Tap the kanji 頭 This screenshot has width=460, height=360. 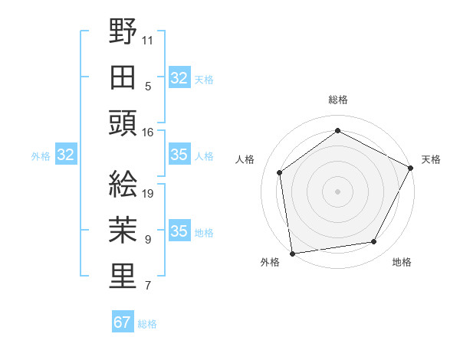pyautogui.click(x=123, y=123)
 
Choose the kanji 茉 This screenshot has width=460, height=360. pyautogui.click(x=123, y=231)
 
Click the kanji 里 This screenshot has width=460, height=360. pyautogui.click(x=123, y=277)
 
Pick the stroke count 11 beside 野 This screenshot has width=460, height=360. pyautogui.click(x=148, y=39)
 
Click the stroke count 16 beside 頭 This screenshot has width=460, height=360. pyautogui.click(x=148, y=132)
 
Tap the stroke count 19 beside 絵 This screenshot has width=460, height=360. pyautogui.click(x=148, y=193)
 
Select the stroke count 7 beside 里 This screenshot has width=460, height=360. pyautogui.click(x=148, y=286)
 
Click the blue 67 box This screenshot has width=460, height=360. pyautogui.click(x=123, y=322)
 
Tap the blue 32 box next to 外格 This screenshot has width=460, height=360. pyautogui.click(x=65, y=155)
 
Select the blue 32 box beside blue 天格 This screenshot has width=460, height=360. pyautogui.click(x=179, y=78)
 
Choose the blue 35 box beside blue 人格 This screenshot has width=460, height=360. pyautogui.click(x=179, y=155)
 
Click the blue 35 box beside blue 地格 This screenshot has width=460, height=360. pyautogui.click(x=179, y=232)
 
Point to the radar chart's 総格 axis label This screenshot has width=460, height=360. pyautogui.click(x=338, y=100)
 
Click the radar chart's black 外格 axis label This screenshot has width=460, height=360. pyautogui.click(x=270, y=262)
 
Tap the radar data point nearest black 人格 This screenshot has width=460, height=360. pyautogui.click(x=280, y=172)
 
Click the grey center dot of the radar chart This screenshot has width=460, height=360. pyautogui.click(x=338, y=191)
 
